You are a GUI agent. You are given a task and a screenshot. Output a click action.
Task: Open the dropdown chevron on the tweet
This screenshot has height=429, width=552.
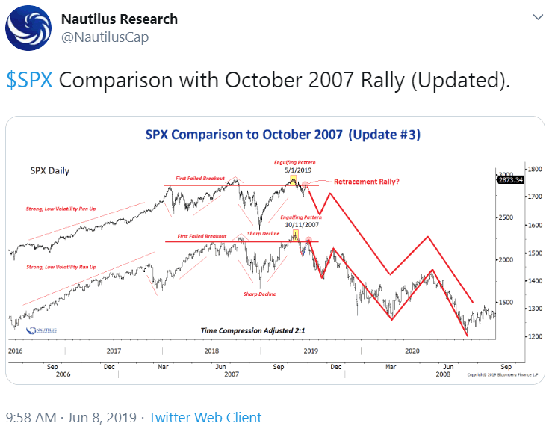[x=536, y=16]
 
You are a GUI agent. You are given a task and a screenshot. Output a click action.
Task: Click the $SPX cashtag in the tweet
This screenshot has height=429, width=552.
[x=29, y=81]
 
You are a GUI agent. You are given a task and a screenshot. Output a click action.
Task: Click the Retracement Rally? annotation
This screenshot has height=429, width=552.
[x=366, y=182]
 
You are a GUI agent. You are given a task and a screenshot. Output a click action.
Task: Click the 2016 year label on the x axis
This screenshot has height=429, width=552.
[x=16, y=351]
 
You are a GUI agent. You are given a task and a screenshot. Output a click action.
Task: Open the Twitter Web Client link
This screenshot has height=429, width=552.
[x=205, y=417]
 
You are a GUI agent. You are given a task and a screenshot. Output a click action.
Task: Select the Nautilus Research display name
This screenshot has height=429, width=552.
[x=119, y=19]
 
